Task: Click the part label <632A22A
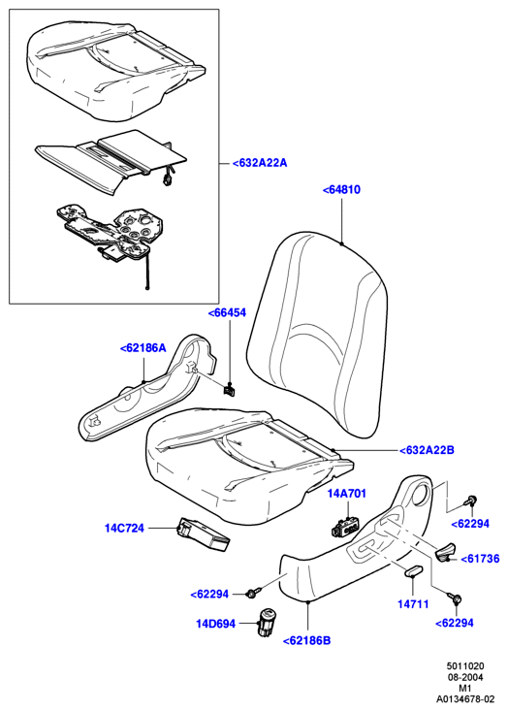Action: (x=260, y=163)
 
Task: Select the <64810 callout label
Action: (x=341, y=189)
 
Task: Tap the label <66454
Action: (x=227, y=312)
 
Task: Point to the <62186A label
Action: (x=143, y=348)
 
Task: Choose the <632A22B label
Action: (x=427, y=450)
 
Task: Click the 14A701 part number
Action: (x=347, y=494)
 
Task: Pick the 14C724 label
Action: (x=124, y=528)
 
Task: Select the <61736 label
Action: (x=480, y=559)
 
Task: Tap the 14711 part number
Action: (x=413, y=604)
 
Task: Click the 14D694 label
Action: (x=215, y=624)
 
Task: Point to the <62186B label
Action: (x=306, y=640)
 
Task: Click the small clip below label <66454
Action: (x=230, y=390)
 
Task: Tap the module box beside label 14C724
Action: (x=203, y=535)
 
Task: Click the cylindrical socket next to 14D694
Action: (x=265, y=623)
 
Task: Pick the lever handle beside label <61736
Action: (x=445, y=552)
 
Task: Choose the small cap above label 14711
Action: (x=413, y=570)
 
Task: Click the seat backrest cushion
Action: (x=317, y=336)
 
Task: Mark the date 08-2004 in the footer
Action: (x=465, y=677)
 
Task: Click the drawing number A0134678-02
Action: (x=465, y=698)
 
